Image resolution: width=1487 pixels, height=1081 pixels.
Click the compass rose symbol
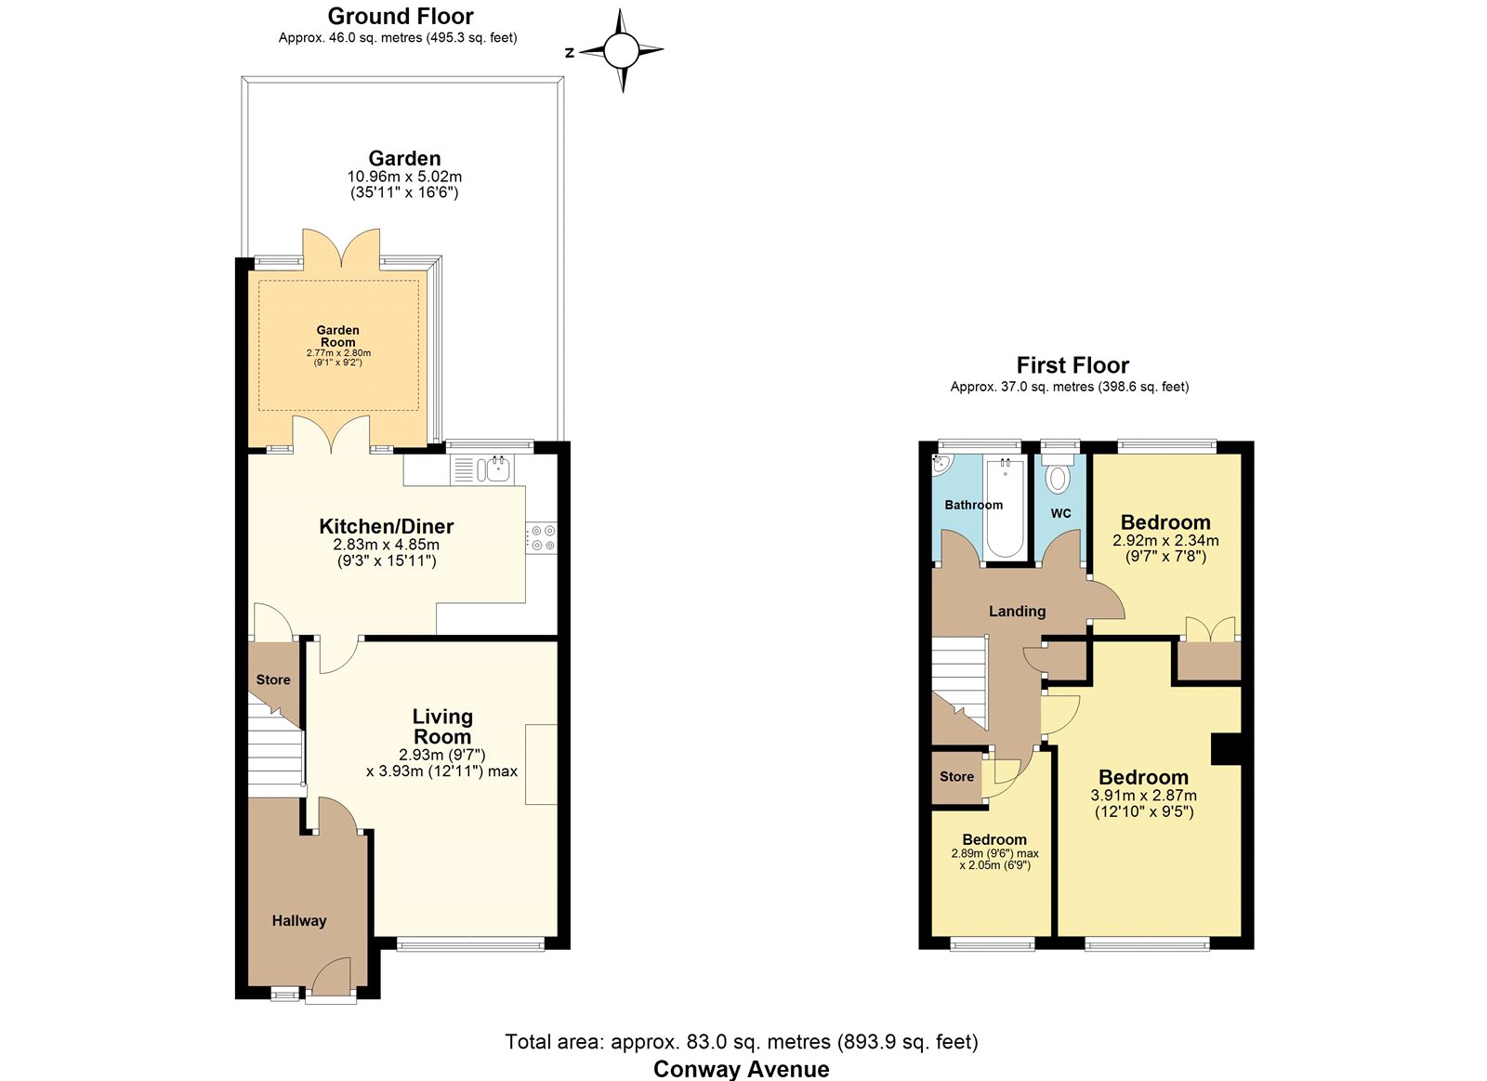[622, 50]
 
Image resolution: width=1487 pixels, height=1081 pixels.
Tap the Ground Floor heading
[401, 16]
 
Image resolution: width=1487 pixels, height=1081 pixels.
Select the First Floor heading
[1072, 365]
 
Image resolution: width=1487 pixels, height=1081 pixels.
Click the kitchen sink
[493, 469]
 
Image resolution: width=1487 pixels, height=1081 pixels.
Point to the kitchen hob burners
[543, 538]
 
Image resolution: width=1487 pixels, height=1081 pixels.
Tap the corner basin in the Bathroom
[941, 464]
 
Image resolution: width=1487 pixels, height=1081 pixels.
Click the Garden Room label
[338, 336]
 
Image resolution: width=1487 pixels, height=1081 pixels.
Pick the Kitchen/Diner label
[387, 526]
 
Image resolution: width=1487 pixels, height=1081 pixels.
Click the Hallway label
[299, 920]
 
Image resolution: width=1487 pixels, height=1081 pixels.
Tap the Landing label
[1017, 611]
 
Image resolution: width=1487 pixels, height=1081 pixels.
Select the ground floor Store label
[273, 679]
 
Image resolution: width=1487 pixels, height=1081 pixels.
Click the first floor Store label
[956, 776]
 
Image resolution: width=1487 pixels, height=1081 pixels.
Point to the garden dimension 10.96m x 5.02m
[404, 177]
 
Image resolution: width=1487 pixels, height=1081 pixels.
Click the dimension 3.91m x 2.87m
[1144, 795]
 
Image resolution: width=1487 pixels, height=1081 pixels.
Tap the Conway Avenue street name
[742, 1068]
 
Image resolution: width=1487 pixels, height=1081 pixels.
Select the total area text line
[742, 1041]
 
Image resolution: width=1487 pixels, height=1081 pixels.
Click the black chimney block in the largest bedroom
[1226, 749]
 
